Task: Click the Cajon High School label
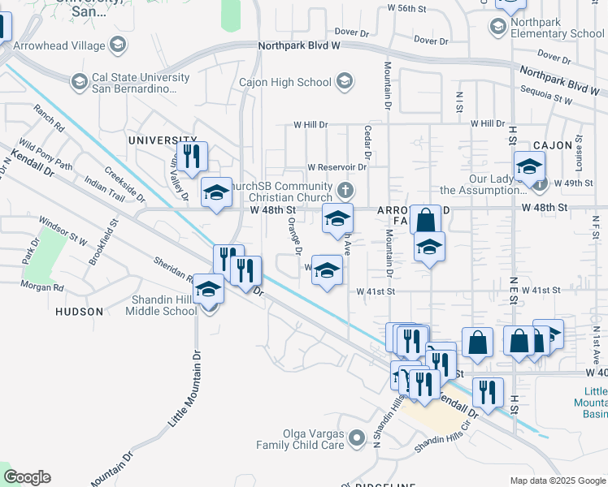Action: point(285,82)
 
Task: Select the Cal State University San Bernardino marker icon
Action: point(80,81)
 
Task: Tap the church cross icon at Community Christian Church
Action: point(345,192)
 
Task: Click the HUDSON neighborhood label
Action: point(79,311)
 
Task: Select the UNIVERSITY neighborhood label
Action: point(163,140)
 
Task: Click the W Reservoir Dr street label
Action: point(337,167)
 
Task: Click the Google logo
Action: point(27,477)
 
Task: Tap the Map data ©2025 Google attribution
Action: point(557,481)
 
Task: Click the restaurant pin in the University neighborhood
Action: point(191,156)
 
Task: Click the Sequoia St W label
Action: point(547,99)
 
